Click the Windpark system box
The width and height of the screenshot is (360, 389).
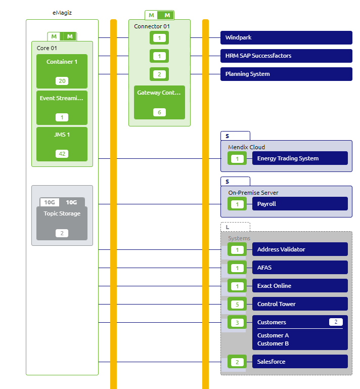[x=286, y=37]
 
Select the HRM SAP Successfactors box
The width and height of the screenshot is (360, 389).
[x=286, y=56]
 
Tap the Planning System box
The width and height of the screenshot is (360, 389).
[x=286, y=74]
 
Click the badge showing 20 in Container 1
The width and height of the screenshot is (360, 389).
[x=62, y=81]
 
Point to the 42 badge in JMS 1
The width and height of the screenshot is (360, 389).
[x=62, y=154]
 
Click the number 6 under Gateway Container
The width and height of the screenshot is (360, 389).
[x=159, y=112]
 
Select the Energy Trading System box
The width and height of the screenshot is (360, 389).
[x=300, y=158]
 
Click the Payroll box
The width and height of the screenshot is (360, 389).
[x=300, y=204]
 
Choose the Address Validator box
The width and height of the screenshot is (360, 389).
[x=300, y=249]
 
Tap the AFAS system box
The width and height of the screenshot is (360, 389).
[x=300, y=268]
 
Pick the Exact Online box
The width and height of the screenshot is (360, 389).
[x=300, y=286]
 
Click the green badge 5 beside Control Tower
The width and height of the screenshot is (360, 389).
[x=237, y=304]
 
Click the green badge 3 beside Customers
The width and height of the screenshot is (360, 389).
[x=237, y=322]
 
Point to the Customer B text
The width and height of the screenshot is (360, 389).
[x=273, y=343]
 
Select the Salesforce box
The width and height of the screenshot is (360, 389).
[x=300, y=362]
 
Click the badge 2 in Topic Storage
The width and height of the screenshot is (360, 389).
[x=62, y=233]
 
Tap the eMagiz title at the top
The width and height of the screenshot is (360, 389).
[x=62, y=13]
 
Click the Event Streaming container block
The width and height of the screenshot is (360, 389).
[x=62, y=107]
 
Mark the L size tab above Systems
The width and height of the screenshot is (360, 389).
[x=235, y=227]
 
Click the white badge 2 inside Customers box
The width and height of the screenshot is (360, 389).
[x=336, y=322]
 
